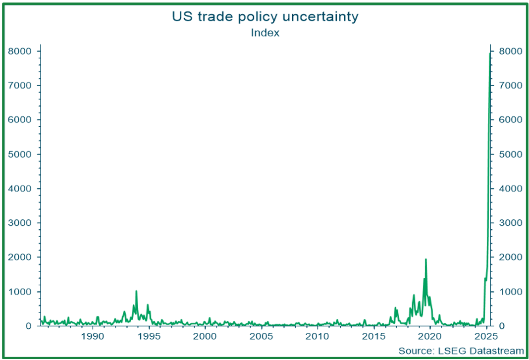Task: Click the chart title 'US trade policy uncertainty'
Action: click(x=264, y=17)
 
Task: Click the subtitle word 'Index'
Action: click(x=265, y=33)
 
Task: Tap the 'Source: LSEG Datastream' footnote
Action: click(x=461, y=351)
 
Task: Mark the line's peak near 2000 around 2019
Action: click(x=425, y=259)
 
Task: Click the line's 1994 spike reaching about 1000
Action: click(x=136, y=291)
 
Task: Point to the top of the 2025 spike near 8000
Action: click(x=490, y=53)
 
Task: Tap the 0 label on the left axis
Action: click(x=29, y=326)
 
